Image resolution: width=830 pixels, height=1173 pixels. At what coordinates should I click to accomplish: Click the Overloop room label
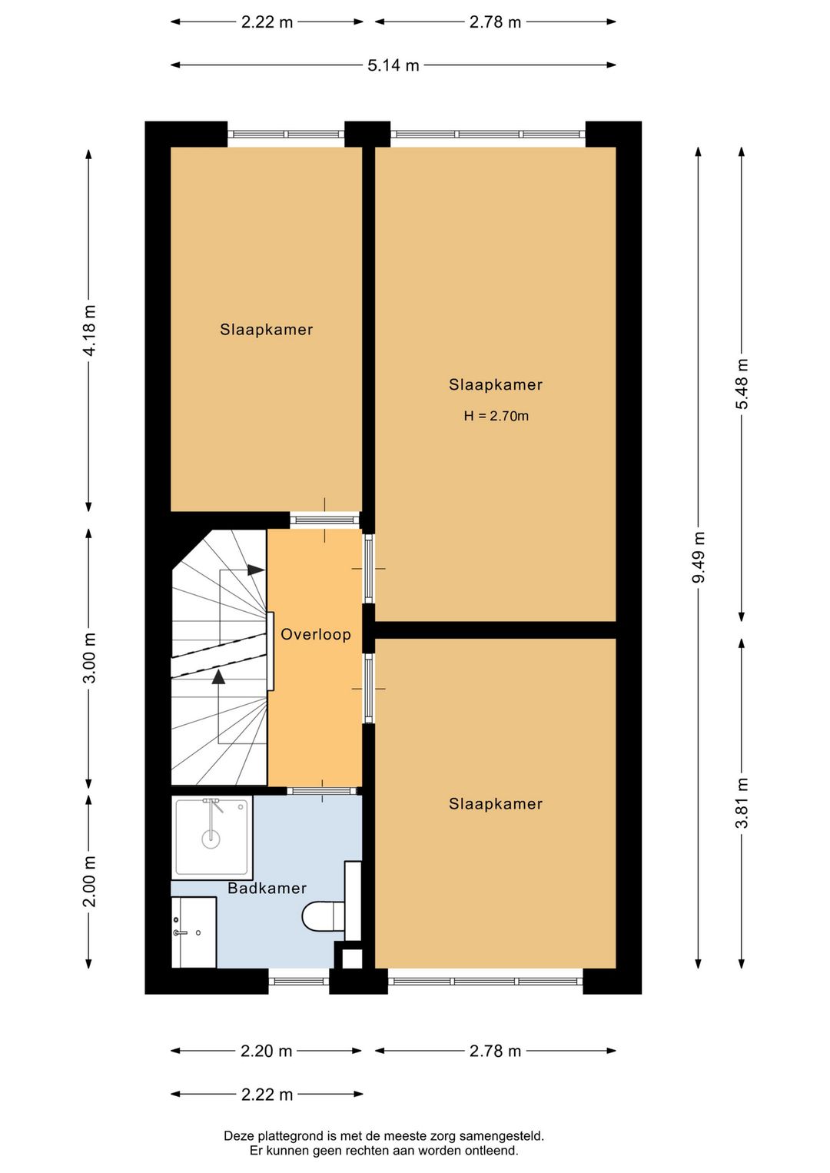click(315, 634)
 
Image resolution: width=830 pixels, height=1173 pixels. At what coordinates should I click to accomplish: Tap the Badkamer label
click(267, 888)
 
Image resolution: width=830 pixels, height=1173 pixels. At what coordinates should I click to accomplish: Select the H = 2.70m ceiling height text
click(496, 416)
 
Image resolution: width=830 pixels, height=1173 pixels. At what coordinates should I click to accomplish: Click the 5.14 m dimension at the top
click(393, 65)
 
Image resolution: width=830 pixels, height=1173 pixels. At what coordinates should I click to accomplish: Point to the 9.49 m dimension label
click(699, 557)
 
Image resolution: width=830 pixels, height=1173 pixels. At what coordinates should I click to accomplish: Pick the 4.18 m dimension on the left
click(89, 330)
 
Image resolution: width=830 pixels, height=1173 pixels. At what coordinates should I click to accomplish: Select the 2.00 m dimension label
click(89, 881)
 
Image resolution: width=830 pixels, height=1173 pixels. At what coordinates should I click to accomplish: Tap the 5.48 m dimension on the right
click(742, 384)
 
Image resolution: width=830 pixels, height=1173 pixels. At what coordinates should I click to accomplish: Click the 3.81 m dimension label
click(742, 803)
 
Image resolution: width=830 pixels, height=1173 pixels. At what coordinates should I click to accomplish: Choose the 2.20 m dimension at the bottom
click(266, 1051)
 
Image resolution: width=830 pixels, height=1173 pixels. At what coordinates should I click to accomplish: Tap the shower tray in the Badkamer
click(211, 837)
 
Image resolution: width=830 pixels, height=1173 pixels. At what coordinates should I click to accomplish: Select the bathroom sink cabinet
click(194, 932)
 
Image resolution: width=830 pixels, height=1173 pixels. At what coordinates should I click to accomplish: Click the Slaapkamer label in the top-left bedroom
click(266, 330)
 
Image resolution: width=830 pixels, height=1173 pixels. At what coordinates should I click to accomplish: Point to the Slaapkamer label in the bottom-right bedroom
click(496, 804)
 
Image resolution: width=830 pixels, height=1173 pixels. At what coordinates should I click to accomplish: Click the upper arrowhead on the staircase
click(256, 570)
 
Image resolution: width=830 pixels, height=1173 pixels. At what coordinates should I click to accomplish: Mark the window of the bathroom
click(299, 980)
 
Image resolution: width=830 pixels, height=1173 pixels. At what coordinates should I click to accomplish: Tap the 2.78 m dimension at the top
click(495, 22)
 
